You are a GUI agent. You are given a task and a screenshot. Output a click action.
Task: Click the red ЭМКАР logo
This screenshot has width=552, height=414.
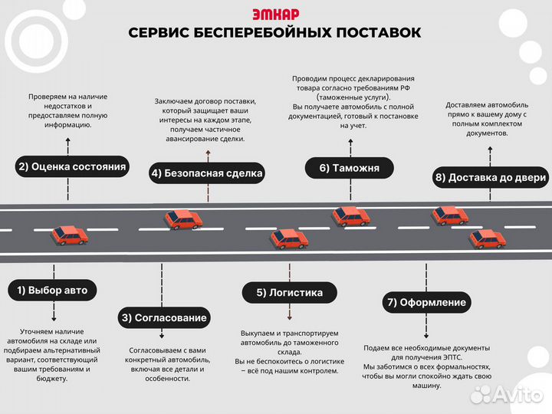click(x=275, y=14)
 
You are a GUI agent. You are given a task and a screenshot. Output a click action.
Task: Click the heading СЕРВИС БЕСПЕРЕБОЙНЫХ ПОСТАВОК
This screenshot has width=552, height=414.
click(x=275, y=32)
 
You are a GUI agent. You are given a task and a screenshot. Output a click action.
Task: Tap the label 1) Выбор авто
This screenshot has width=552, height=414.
click(x=53, y=291)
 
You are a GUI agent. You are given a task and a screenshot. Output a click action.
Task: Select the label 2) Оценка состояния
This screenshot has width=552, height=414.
click(x=72, y=166)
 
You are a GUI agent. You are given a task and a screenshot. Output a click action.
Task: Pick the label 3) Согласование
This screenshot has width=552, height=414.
click(x=164, y=317)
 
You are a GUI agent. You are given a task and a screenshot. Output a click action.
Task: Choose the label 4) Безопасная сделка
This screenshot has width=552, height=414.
click(x=207, y=173)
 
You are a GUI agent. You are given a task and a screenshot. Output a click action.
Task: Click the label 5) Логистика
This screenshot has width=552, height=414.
click(x=289, y=292)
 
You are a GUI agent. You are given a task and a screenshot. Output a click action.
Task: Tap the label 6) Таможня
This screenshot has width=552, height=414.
click(x=349, y=168)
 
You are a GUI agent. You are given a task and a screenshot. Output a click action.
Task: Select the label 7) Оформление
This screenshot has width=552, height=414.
click(x=426, y=302)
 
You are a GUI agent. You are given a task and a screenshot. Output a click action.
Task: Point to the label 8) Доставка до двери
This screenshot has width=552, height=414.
click(x=491, y=178)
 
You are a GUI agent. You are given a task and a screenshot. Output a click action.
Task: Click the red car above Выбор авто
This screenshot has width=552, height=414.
click(x=69, y=235)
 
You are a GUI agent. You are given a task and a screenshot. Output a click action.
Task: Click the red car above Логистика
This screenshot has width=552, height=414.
click(x=289, y=239)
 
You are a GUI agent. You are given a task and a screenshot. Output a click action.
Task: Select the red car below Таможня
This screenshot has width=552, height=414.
click(x=351, y=216)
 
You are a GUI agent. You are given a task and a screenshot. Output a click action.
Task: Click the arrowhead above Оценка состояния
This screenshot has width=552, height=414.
click(x=67, y=140)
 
